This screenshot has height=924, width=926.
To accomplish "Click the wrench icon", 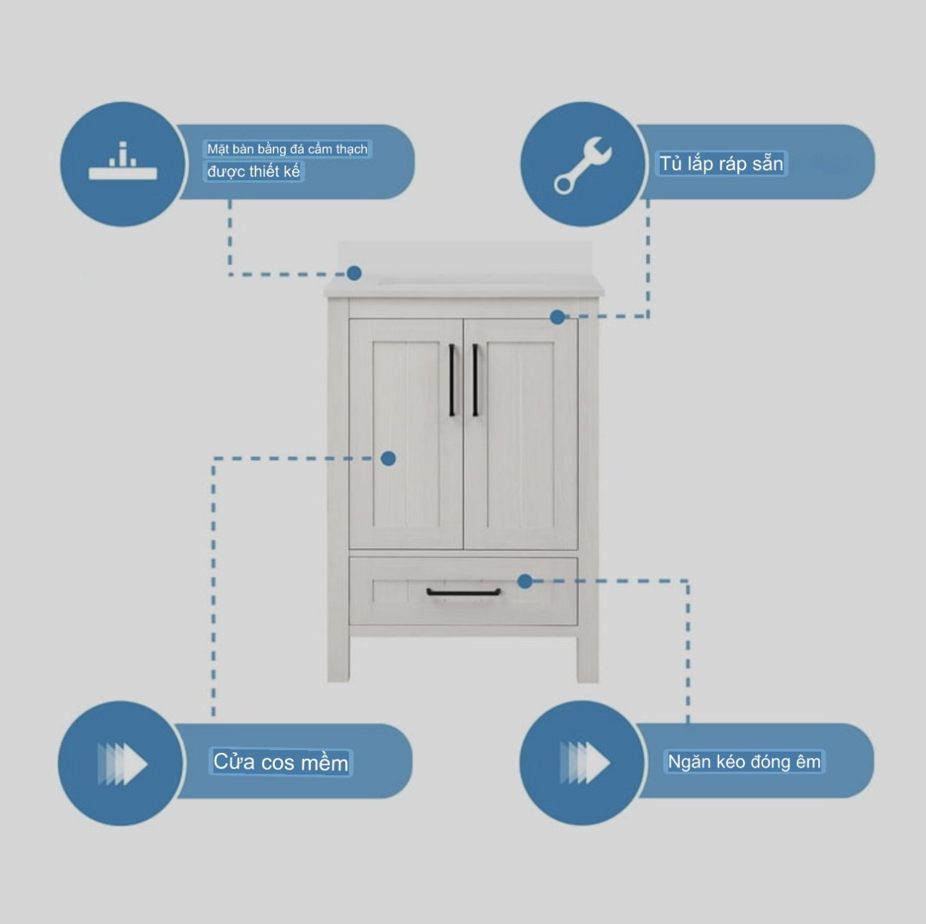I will tap(582, 164).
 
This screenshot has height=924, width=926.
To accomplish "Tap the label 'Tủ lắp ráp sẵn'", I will tap(721, 164).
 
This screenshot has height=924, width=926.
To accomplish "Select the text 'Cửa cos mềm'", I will tap(281, 763).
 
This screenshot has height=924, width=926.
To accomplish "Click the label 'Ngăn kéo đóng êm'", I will tap(744, 762).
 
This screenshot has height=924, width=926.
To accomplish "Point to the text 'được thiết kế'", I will tap(253, 172).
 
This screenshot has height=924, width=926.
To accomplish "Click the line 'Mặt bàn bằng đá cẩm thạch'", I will tap(287, 149).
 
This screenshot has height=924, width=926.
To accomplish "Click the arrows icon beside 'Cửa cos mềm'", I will tap(122, 763).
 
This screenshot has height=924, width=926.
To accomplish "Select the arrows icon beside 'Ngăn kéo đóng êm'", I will tap(584, 763).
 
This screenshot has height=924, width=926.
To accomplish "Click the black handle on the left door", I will tap(452, 380).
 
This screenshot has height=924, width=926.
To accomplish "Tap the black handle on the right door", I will tap(475, 380).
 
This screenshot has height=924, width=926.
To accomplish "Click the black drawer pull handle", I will tap(463, 592).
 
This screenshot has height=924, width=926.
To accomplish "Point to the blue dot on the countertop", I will tap(354, 273).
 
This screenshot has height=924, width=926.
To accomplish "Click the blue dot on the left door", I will tap(388, 458).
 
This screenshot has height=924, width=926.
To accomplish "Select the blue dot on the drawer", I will tap(525, 581).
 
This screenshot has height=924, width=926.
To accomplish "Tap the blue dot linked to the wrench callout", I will tap(557, 316).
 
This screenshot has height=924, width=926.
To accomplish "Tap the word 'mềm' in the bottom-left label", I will tap(324, 763).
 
